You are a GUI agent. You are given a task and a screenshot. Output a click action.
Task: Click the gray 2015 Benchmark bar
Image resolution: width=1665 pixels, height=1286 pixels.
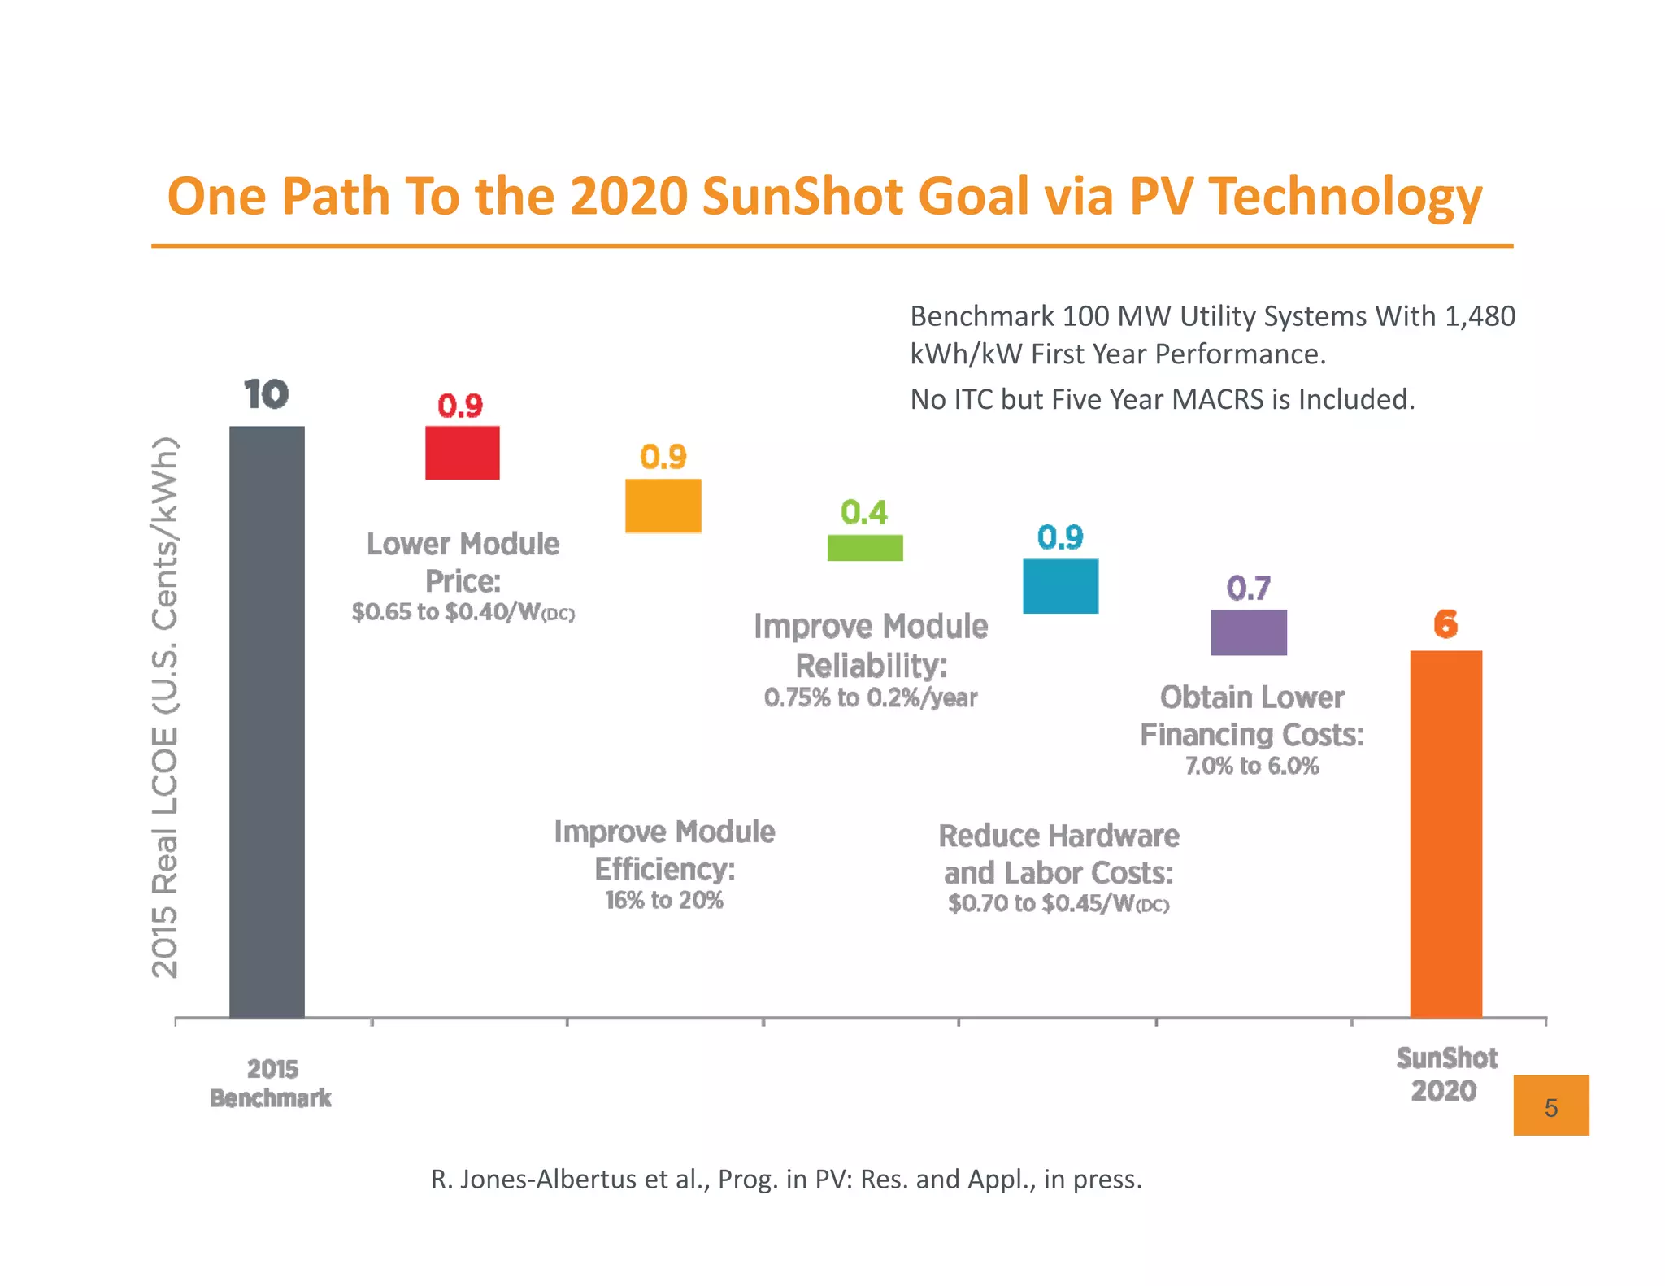coord(267,721)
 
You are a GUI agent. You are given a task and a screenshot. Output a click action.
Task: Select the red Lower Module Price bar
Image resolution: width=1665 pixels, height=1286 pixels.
coord(462,453)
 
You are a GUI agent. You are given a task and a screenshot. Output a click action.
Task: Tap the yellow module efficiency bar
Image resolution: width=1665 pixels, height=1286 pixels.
coord(663,506)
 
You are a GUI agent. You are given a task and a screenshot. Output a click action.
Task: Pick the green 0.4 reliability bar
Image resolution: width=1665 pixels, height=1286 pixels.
coord(865,547)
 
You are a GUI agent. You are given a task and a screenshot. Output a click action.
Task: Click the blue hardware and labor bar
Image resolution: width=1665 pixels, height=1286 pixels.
coord(1060,586)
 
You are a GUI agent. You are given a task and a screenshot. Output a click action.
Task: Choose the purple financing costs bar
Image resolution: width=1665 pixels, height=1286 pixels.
coord(1249,632)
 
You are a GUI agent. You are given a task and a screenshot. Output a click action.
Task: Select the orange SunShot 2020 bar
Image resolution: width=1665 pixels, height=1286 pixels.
coord(1445,833)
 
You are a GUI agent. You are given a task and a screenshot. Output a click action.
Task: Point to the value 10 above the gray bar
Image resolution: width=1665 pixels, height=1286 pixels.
coord(266,395)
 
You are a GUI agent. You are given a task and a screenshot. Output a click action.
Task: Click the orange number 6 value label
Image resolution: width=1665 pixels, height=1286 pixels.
coord(1445,624)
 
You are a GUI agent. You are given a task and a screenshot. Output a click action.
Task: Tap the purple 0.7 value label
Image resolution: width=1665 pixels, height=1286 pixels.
coord(1249,588)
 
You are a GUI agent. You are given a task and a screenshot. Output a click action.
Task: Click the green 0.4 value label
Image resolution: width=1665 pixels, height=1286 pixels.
coord(864,512)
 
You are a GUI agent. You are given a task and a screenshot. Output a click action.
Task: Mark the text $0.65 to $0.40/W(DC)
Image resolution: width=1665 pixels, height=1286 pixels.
coord(463,612)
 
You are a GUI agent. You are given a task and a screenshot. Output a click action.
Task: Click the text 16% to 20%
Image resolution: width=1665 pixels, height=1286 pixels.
coord(663,900)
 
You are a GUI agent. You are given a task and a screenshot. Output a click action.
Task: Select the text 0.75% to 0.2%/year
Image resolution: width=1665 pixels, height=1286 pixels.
coord(870,697)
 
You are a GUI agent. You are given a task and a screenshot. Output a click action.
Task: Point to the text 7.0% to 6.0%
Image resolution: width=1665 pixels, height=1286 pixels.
coord(1251,766)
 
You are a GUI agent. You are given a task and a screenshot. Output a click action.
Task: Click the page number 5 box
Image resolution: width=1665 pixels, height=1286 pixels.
coord(1550,1106)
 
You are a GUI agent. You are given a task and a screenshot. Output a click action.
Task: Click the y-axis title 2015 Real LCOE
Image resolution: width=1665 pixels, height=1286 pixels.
coord(165,707)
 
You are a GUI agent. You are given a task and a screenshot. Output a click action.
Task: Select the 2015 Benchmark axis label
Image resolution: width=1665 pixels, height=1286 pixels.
coord(271,1083)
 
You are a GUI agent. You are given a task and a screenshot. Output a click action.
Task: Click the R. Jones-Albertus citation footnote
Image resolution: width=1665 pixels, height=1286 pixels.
coord(786,1179)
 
